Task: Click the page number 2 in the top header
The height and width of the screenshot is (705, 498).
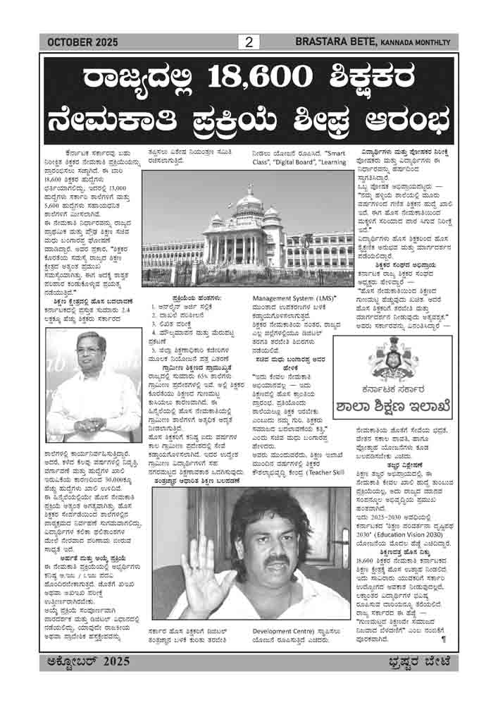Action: tap(249, 42)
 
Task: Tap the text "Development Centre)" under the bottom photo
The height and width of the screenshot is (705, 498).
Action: tap(282, 643)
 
